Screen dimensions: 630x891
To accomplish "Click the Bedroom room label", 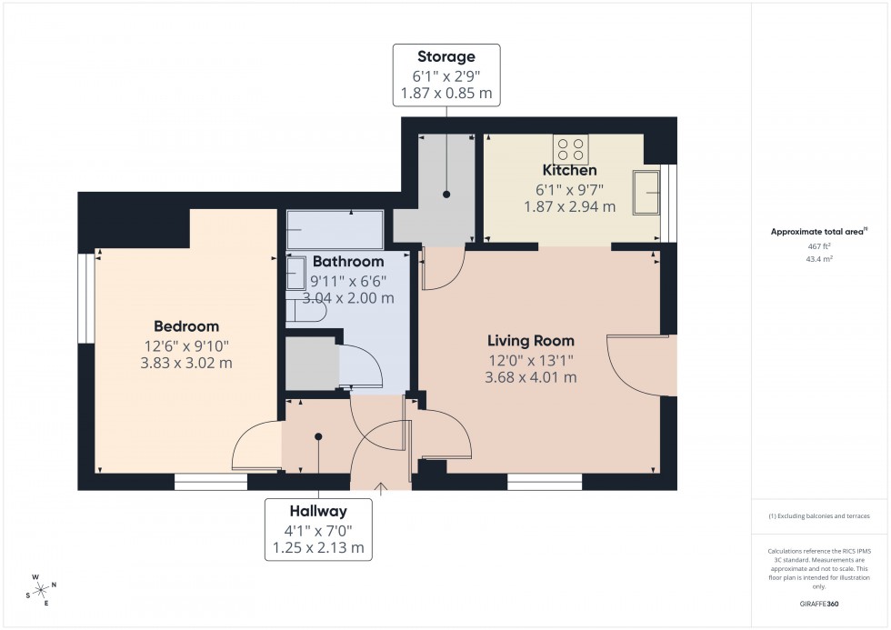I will click(186, 326).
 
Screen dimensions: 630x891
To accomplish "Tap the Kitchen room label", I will click(569, 170).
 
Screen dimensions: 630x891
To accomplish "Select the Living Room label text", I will click(531, 341).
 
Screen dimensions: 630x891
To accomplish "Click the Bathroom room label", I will click(348, 262).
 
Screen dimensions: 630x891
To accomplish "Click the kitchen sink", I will click(647, 192).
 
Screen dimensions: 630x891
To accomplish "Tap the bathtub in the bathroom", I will click(335, 230).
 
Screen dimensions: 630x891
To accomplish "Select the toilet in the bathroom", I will click(305, 311).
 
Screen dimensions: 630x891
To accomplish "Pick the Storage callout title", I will click(445, 56).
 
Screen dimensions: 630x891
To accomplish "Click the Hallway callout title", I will click(318, 511).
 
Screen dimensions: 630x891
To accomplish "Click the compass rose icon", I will click(40, 588).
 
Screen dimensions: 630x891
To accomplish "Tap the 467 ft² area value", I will click(819, 246).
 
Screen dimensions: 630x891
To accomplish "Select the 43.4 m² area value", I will click(819, 259).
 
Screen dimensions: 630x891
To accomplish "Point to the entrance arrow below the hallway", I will click(381, 489).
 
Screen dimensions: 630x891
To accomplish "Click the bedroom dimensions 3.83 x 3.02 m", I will click(186, 363).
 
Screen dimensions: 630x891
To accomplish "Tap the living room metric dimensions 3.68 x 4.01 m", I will click(531, 377).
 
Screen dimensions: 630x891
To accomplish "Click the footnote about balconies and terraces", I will click(819, 515).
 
